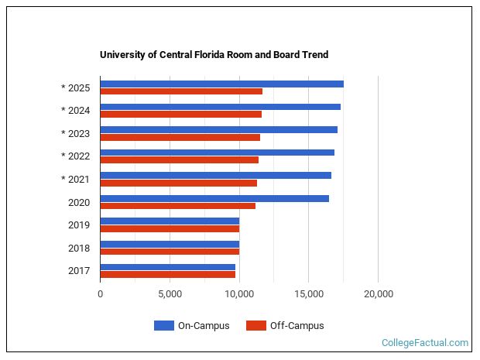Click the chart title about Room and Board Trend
point(214,55)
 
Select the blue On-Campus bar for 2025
point(221,84)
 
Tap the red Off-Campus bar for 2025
point(181,91)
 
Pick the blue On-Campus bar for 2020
point(214,198)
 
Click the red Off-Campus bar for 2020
point(177,206)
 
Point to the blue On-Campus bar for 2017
point(167,267)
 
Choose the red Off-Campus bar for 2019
point(170,228)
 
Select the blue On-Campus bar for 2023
point(218,129)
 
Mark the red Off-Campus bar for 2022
point(179,160)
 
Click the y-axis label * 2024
point(76,111)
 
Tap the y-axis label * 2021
point(76,180)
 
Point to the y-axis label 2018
point(79,249)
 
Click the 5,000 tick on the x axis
point(170,294)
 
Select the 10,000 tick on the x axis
point(239,294)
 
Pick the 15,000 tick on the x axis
point(308,294)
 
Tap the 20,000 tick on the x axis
point(378,294)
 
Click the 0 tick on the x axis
point(100,294)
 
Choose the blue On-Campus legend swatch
point(163,326)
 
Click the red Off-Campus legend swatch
point(255,326)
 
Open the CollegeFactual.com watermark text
point(425,343)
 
